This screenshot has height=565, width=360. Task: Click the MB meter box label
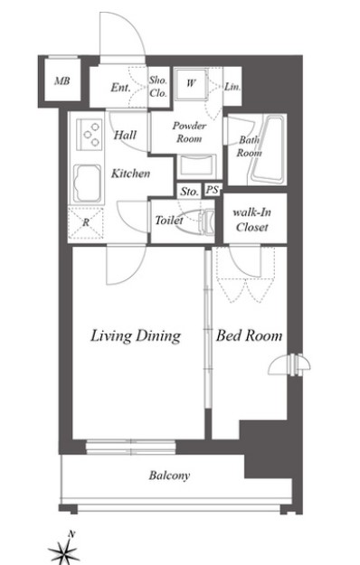pos(62,81)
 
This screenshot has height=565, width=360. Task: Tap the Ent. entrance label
pos(120,87)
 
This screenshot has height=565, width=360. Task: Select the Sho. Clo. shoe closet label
pos(158,87)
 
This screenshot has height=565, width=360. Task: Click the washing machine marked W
pos(190,84)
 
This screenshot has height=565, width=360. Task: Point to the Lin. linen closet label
pos(232,87)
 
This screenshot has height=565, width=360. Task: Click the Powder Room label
pos(189,132)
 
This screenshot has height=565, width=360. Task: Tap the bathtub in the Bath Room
pos(268,149)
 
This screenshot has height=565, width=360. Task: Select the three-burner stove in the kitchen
pos(90,135)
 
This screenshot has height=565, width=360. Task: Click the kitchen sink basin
pos(87,183)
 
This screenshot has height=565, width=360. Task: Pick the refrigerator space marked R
pos(86,223)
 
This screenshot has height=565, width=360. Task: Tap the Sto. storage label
pos(190,192)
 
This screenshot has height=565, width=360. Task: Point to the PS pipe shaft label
pos(213,190)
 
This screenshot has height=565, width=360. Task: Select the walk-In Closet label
pos(251,220)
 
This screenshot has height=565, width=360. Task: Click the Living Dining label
pos(136,335)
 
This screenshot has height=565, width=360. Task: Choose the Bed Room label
pos(249,335)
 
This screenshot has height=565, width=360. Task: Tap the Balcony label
pos(169,476)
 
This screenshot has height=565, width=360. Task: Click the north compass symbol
pos(64,549)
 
